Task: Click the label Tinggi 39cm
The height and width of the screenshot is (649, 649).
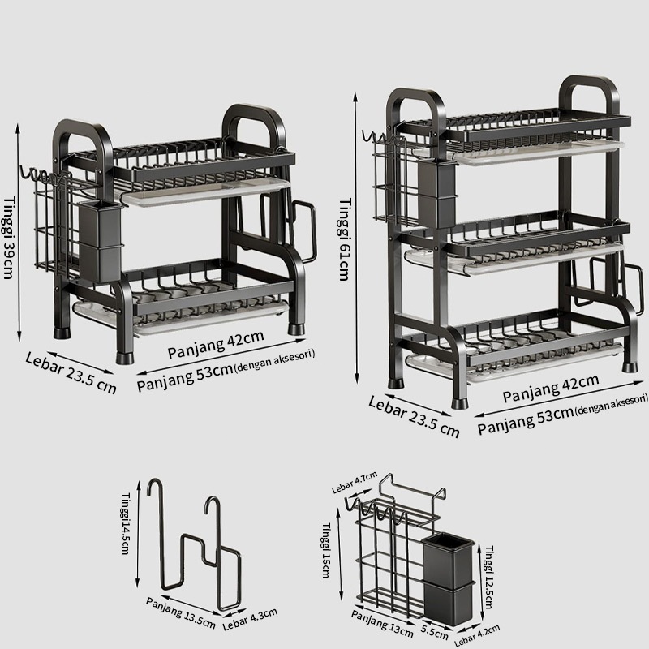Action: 9,238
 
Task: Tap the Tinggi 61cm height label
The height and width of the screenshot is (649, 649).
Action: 344,240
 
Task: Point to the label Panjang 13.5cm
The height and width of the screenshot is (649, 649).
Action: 180,613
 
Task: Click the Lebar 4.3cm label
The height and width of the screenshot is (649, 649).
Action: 250,619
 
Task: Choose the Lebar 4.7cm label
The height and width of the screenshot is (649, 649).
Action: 355,482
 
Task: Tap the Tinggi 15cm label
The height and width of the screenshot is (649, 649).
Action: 326,550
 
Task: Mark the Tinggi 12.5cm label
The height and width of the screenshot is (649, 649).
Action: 489,577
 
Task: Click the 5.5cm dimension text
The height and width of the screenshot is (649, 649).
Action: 435,633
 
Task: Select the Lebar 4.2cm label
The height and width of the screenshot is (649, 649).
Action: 477,635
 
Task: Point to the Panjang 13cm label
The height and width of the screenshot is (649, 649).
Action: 382,623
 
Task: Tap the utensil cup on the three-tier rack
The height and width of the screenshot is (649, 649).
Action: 436,194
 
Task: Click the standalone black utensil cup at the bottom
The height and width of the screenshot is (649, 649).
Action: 449,578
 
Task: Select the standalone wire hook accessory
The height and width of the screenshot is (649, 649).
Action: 195,544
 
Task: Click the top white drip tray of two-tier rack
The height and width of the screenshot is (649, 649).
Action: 206,192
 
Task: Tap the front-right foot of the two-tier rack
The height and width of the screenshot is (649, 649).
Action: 296,330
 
